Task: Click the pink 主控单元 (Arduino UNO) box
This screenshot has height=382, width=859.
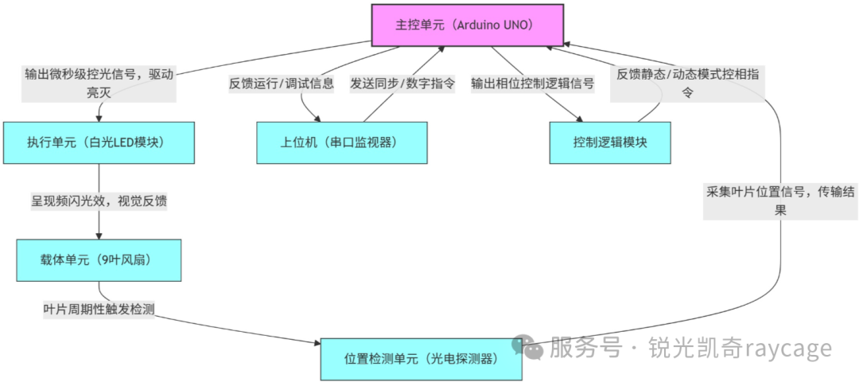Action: pos(468,25)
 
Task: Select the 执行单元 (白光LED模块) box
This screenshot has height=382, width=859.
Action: pos(99,142)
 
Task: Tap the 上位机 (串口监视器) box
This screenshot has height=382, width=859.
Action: pos(342,142)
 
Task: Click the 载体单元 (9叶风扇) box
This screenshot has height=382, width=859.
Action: pos(99,259)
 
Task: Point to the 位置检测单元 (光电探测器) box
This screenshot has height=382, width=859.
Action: pos(422,359)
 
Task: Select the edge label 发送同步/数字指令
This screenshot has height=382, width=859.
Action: pos(402,83)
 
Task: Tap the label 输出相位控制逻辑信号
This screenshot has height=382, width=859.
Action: pos(533,83)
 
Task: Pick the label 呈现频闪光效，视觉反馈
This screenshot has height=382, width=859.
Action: pos(99,201)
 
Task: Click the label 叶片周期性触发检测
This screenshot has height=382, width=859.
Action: pos(99,309)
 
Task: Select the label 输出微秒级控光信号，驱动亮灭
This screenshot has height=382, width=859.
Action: pos(99,84)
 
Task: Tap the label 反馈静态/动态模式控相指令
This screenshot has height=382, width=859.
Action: pos(688,83)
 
